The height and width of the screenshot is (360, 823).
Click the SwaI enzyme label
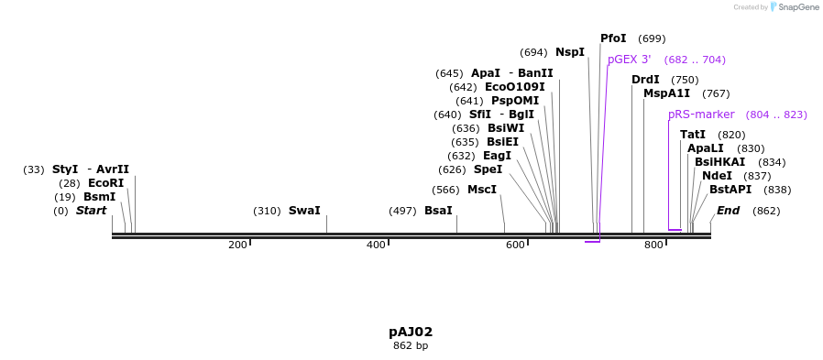(x=304, y=211)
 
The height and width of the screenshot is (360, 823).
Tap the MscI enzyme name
(x=481, y=190)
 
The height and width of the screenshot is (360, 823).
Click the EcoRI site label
(x=105, y=183)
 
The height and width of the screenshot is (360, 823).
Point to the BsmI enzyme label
(x=99, y=197)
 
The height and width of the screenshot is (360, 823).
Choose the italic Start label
(x=91, y=211)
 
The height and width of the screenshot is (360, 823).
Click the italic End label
(x=728, y=211)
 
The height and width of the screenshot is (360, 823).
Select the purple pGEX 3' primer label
(x=629, y=60)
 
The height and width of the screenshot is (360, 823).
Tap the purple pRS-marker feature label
(x=701, y=115)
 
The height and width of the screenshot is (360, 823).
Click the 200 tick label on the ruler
(x=237, y=245)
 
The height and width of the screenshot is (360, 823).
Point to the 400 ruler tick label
(x=376, y=245)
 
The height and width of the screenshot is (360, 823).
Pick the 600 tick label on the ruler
(x=515, y=245)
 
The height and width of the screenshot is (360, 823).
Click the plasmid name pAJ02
(x=411, y=332)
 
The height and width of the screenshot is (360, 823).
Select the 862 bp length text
(x=411, y=345)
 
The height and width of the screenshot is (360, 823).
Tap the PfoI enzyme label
(x=613, y=38)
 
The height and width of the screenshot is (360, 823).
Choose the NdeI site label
(x=717, y=176)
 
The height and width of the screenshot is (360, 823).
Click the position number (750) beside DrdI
(x=685, y=80)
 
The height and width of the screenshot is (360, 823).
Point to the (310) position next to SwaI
(x=267, y=211)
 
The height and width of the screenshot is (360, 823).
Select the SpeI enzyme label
(x=488, y=169)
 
